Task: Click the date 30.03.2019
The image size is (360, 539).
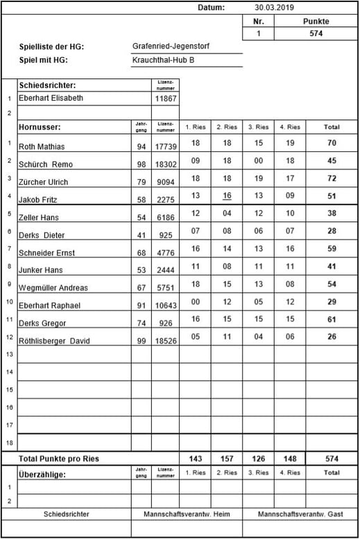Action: tap(275, 8)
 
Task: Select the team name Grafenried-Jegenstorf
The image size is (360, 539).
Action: tap(171, 46)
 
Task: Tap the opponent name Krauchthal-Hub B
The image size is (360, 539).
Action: tap(164, 60)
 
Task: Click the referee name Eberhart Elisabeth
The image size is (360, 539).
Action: tap(51, 99)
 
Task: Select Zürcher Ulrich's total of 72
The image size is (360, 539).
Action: tap(332, 178)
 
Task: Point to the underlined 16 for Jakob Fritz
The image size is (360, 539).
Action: tap(227, 196)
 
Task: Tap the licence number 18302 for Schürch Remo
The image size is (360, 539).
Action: tap(166, 164)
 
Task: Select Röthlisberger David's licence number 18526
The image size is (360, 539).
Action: tap(166, 341)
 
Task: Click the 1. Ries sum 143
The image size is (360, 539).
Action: tap(195, 459)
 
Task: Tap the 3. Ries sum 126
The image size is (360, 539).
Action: tap(258, 459)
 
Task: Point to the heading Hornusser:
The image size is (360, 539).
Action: tap(40, 127)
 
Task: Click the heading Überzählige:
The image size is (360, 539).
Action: tap(42, 474)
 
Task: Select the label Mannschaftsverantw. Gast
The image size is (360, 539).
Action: tap(300, 515)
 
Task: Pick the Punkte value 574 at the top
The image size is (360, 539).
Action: tap(316, 33)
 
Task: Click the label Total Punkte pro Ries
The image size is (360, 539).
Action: tap(59, 459)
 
